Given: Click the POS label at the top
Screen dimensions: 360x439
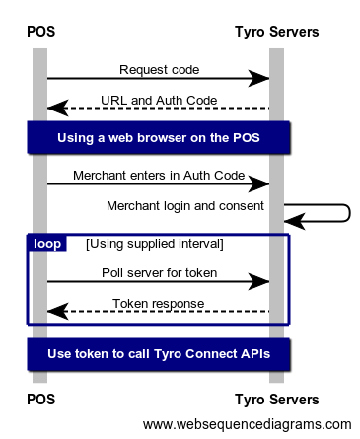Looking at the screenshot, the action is coord(40,32).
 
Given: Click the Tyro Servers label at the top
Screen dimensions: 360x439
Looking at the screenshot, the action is coord(277,32).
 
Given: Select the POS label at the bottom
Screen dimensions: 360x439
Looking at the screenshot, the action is coord(40,400).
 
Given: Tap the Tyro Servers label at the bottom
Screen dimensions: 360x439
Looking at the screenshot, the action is coord(277,400).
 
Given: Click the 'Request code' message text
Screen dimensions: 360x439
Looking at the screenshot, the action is coord(159,70).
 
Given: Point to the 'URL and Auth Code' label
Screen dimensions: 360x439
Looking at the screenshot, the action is coord(159,100).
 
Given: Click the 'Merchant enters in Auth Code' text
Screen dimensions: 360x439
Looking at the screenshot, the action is coord(159,176).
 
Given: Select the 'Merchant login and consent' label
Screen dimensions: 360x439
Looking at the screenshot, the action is coord(185,206).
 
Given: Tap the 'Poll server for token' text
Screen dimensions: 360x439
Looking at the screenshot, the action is coord(159,273).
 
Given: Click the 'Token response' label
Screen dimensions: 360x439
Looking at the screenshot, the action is coord(159,304).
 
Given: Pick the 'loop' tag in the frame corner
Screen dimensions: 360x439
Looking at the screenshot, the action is coord(47,244).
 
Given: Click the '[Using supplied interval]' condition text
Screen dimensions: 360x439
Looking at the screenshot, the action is coord(155,244).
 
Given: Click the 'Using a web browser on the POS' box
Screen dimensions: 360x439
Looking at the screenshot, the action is coord(159,137).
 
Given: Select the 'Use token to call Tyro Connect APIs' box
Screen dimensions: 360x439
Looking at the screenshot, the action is coord(159,354).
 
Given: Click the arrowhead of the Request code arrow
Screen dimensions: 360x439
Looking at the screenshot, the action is coord(259,78).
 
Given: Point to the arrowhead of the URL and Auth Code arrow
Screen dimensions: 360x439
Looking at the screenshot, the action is coord(58,108).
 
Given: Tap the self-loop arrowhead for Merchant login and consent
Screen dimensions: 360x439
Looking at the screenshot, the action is coord(295,221).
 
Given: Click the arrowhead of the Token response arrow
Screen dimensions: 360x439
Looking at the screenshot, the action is coord(58,311).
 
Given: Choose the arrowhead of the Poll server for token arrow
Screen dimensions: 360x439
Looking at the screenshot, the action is coord(259,281).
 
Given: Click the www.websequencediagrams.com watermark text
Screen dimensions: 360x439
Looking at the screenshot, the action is coord(248,424).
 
